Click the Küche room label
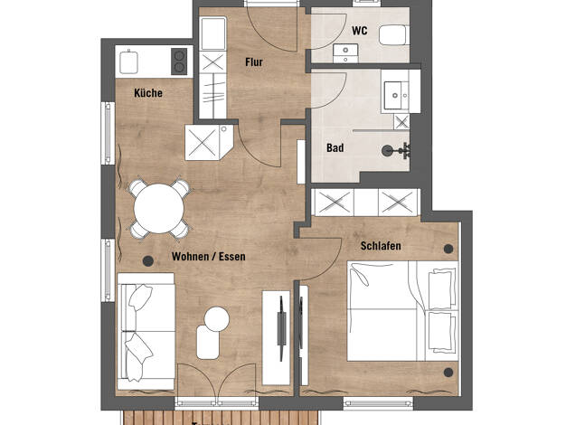pyautogui.click(x=148, y=93)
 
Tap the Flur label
pyautogui.click(x=254, y=62)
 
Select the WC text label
pyautogui.click(x=360, y=31)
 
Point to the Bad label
pyautogui.click(x=335, y=147)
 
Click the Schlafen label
pyautogui.click(x=381, y=246)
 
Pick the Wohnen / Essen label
pyautogui.click(x=209, y=257)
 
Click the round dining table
pyautogui.click(x=159, y=209)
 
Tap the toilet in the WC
pyautogui.click(x=394, y=34)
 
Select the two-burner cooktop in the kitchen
pyautogui.click(x=179, y=61)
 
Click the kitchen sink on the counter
pyautogui.click(x=129, y=62)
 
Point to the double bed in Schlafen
pyautogui.click(x=402, y=311)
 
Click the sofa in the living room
pyautogui.click(x=146, y=331)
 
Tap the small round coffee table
pyautogui.click(x=217, y=319)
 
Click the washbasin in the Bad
pyautogui.click(x=396, y=95)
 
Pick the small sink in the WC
pyautogui.click(x=345, y=53)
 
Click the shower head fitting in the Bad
pyautogui.click(x=396, y=151)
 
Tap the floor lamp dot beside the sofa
pyautogui.click(x=148, y=260)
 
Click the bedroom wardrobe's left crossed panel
pyautogui.click(x=335, y=203)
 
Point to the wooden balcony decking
pyautogui.click(x=221, y=418)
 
